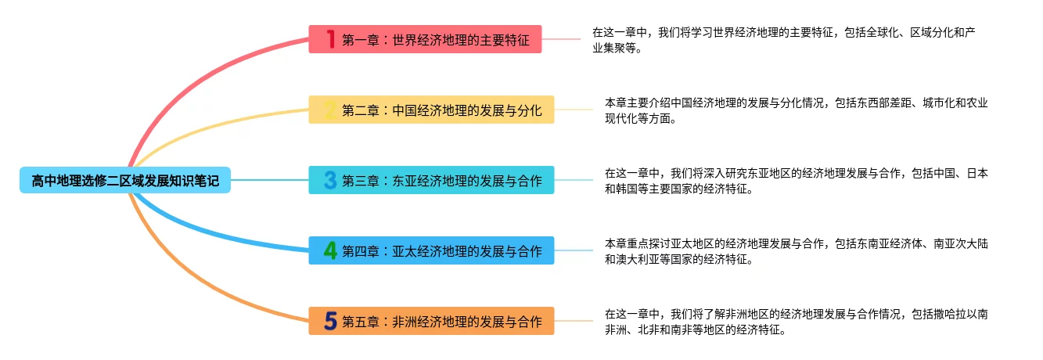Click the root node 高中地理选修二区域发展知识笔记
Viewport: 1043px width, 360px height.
(x=125, y=181)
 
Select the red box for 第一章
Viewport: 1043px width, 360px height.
(x=435, y=40)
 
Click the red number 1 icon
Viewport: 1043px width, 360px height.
(x=330, y=39)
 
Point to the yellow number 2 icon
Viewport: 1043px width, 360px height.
(x=330, y=110)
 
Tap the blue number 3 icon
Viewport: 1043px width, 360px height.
(x=330, y=181)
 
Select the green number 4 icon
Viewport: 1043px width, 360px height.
(x=330, y=251)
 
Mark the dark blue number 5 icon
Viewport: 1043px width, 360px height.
(x=330, y=322)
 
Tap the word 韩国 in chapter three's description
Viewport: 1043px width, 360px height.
(x=625, y=189)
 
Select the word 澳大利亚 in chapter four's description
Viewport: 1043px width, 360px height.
(x=639, y=259)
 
